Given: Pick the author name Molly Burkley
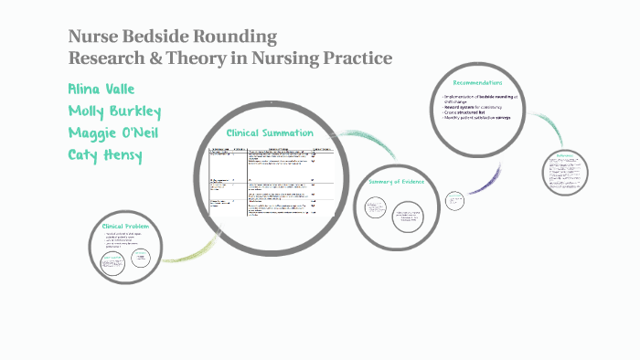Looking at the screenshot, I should (114, 111).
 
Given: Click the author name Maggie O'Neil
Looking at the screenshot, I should (114, 132).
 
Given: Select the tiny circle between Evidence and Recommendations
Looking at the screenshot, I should (454, 199).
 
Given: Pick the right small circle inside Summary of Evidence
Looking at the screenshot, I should (410, 217).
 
